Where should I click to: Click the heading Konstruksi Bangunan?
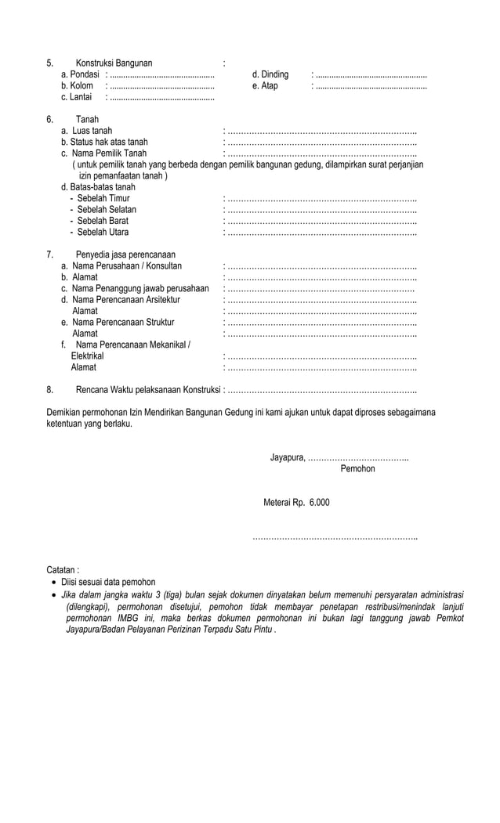point(114,63)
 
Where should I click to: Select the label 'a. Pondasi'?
point(80,74)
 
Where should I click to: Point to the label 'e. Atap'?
point(265,86)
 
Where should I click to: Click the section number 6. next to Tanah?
point(49,120)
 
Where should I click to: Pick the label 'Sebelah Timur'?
point(103,199)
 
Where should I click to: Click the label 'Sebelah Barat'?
point(103,221)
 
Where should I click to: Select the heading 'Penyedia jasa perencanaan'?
point(125,254)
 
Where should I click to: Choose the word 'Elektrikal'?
point(87,356)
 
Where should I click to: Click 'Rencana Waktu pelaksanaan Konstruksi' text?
point(148,389)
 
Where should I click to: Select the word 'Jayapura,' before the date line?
point(288,457)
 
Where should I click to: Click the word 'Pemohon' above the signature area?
point(357,468)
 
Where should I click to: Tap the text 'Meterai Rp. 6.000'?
point(296,502)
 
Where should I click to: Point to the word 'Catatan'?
point(63,570)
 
